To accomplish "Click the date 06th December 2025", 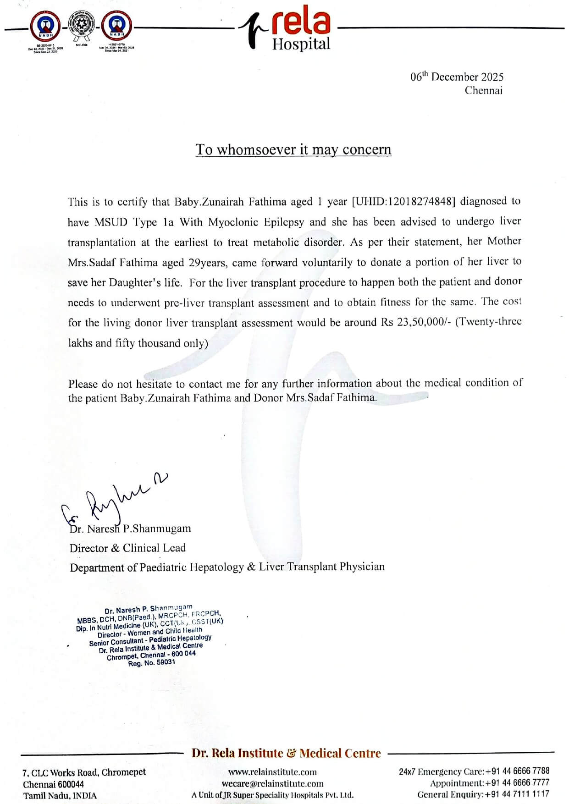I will point(457,77).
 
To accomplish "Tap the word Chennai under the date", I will point(483,90).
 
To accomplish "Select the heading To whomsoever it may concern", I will point(293,149).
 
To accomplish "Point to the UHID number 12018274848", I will point(417,201).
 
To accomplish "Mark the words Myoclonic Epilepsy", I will point(256,222).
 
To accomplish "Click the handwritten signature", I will point(115,500).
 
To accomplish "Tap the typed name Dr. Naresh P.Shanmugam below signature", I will point(130,529).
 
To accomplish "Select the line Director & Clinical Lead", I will point(127,548).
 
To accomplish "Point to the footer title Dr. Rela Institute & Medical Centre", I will point(286,753).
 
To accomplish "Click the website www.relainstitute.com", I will point(272,772).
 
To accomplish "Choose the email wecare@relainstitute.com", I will point(272,784).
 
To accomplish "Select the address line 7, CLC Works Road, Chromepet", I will point(84,772).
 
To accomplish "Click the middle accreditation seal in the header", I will point(80,28).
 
